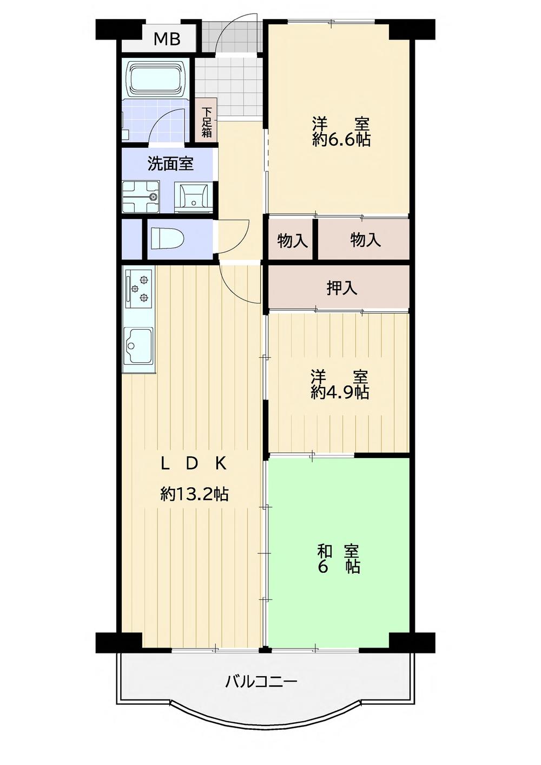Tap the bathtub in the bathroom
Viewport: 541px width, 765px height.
[x=156, y=79]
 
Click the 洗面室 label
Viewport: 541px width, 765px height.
[x=170, y=164]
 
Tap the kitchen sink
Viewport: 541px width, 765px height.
[x=138, y=345]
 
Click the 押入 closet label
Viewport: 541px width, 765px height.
[x=342, y=288]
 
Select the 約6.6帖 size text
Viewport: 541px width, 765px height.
[x=341, y=140]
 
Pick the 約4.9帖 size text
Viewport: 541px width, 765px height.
[x=340, y=392]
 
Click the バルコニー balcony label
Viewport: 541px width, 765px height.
[x=261, y=681]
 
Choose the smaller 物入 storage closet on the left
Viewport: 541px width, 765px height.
[x=292, y=240]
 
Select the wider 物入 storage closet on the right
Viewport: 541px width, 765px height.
[x=366, y=239]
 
